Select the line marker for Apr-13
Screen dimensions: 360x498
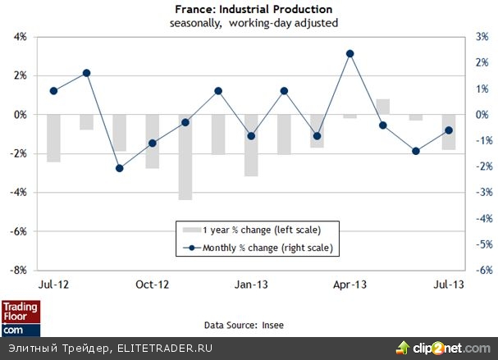(350, 53)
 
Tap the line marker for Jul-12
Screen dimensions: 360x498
(53, 91)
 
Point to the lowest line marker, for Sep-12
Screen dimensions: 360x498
(120, 168)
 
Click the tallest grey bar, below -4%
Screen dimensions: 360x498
(185, 157)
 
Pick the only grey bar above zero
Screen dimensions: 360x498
(383, 107)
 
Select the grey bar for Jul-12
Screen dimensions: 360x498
(53, 138)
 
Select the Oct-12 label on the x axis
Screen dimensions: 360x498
(152, 285)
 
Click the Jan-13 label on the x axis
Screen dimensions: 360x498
(251, 285)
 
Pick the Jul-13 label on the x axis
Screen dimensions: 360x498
(450, 285)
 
